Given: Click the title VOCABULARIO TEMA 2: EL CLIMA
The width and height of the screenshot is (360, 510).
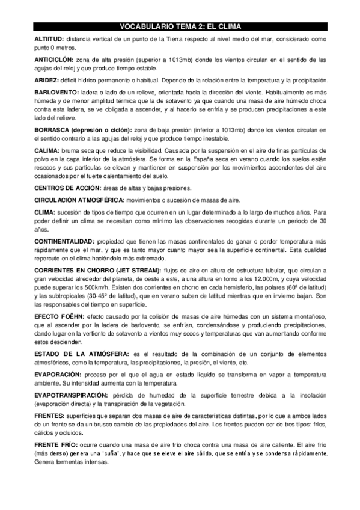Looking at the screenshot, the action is tap(180, 27).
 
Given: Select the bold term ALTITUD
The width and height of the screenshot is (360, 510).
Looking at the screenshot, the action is tap(49, 38).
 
